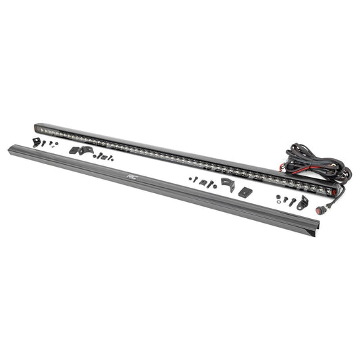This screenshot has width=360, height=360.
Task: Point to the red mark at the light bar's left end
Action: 36,130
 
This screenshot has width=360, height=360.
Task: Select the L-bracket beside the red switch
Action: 302,203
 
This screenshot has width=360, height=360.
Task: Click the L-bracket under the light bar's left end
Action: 36,142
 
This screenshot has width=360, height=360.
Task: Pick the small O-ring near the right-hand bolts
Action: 279,201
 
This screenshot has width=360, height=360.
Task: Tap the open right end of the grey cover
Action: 316,229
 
